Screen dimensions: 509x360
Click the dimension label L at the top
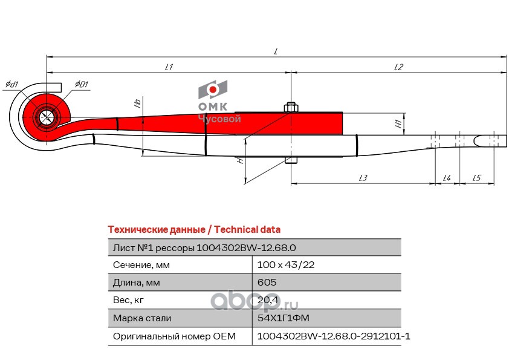(275, 52)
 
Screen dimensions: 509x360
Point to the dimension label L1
(169, 68)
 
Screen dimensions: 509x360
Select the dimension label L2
(398, 68)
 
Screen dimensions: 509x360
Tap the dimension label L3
(363, 178)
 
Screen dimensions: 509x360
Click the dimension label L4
(447, 178)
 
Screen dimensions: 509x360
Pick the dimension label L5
(476, 178)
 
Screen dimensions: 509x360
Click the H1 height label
(399, 124)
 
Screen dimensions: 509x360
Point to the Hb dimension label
(138, 103)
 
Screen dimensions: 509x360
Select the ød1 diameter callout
(11, 83)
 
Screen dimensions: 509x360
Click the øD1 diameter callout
(82, 83)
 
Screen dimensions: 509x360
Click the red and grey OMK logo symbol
(213, 90)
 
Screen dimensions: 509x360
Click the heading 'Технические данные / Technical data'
(193, 230)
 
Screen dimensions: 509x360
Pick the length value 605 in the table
(267, 283)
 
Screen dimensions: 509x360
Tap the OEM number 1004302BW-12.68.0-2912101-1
(334, 336)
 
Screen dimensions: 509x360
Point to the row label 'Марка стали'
(142, 318)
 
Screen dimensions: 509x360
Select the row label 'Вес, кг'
(129, 300)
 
